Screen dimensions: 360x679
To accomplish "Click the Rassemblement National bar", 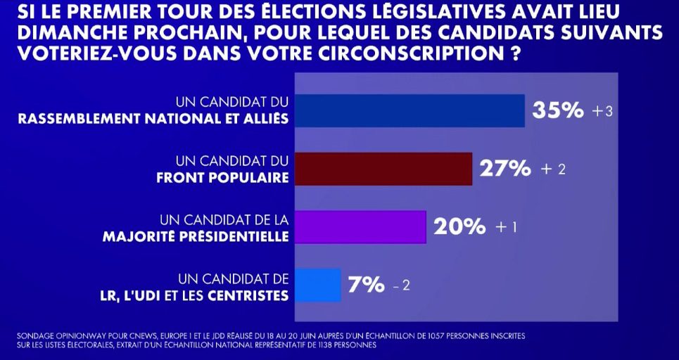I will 408,111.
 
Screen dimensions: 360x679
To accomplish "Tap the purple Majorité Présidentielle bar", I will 359,226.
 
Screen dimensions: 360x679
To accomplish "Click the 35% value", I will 558,111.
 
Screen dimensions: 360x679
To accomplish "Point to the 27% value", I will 505,169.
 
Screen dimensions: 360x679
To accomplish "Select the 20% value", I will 459,227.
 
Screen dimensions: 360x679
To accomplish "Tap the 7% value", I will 366,285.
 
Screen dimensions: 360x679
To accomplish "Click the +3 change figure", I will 603,112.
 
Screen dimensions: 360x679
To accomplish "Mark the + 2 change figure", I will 553,169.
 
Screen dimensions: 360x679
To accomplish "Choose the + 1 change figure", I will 507,228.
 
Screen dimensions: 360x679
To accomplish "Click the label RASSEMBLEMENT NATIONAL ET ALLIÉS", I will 153,118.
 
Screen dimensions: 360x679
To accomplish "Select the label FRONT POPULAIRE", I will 222,176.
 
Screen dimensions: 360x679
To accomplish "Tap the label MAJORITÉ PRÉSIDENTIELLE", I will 196,236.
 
